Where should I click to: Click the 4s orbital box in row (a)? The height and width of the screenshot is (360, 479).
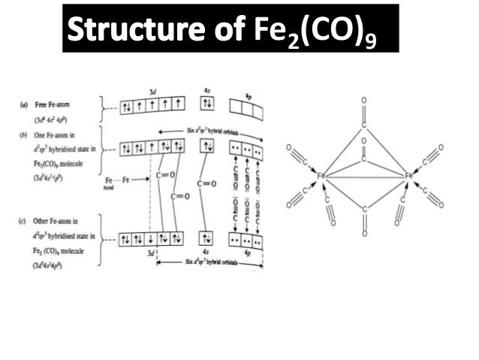pos(208,103)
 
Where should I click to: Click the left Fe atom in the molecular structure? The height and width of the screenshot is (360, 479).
pos(320,176)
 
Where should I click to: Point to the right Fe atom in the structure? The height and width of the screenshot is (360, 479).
pos(409,176)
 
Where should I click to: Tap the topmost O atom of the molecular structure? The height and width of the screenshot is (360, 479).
pos(364,98)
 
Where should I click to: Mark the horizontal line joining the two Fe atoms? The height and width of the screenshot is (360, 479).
pos(364,177)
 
